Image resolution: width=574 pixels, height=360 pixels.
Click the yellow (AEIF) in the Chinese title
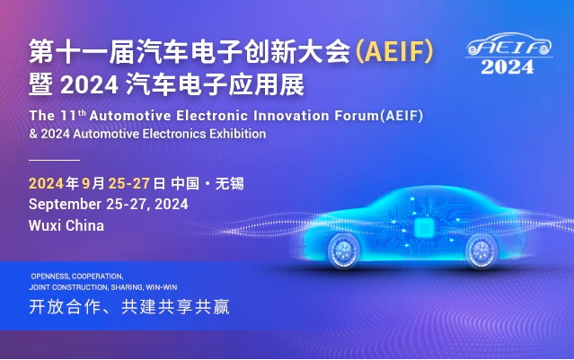(394, 51)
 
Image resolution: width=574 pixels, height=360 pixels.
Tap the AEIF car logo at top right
(508, 45)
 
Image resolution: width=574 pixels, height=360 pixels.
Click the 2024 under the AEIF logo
(508, 67)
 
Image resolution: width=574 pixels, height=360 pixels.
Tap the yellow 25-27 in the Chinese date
(129, 183)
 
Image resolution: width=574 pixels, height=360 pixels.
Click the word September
(65, 205)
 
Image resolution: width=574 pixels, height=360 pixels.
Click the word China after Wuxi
(84, 225)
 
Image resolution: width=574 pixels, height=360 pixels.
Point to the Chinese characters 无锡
(230, 183)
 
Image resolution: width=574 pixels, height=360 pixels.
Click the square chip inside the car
(424, 228)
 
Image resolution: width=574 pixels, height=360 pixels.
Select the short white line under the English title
(54, 160)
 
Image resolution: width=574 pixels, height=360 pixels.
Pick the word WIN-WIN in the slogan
(162, 287)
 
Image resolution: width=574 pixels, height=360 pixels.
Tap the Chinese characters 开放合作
(65, 307)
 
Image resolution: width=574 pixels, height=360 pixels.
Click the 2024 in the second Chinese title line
(89, 85)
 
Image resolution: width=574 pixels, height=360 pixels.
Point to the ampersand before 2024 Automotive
(33, 134)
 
